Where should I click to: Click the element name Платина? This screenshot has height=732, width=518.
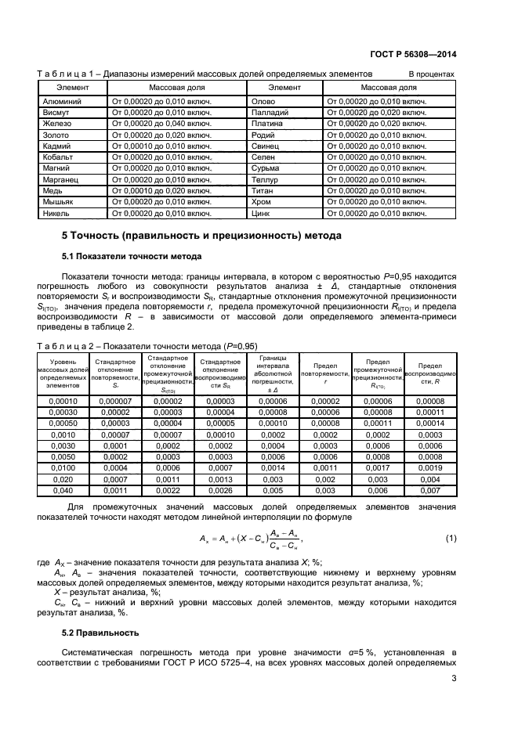tap(266, 124)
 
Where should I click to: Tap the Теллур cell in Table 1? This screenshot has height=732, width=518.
tap(265, 179)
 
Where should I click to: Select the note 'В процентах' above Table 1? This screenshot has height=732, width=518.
tap(431, 74)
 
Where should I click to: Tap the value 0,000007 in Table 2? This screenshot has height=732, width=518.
tap(114, 401)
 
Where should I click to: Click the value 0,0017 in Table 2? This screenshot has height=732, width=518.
tap(378, 467)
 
